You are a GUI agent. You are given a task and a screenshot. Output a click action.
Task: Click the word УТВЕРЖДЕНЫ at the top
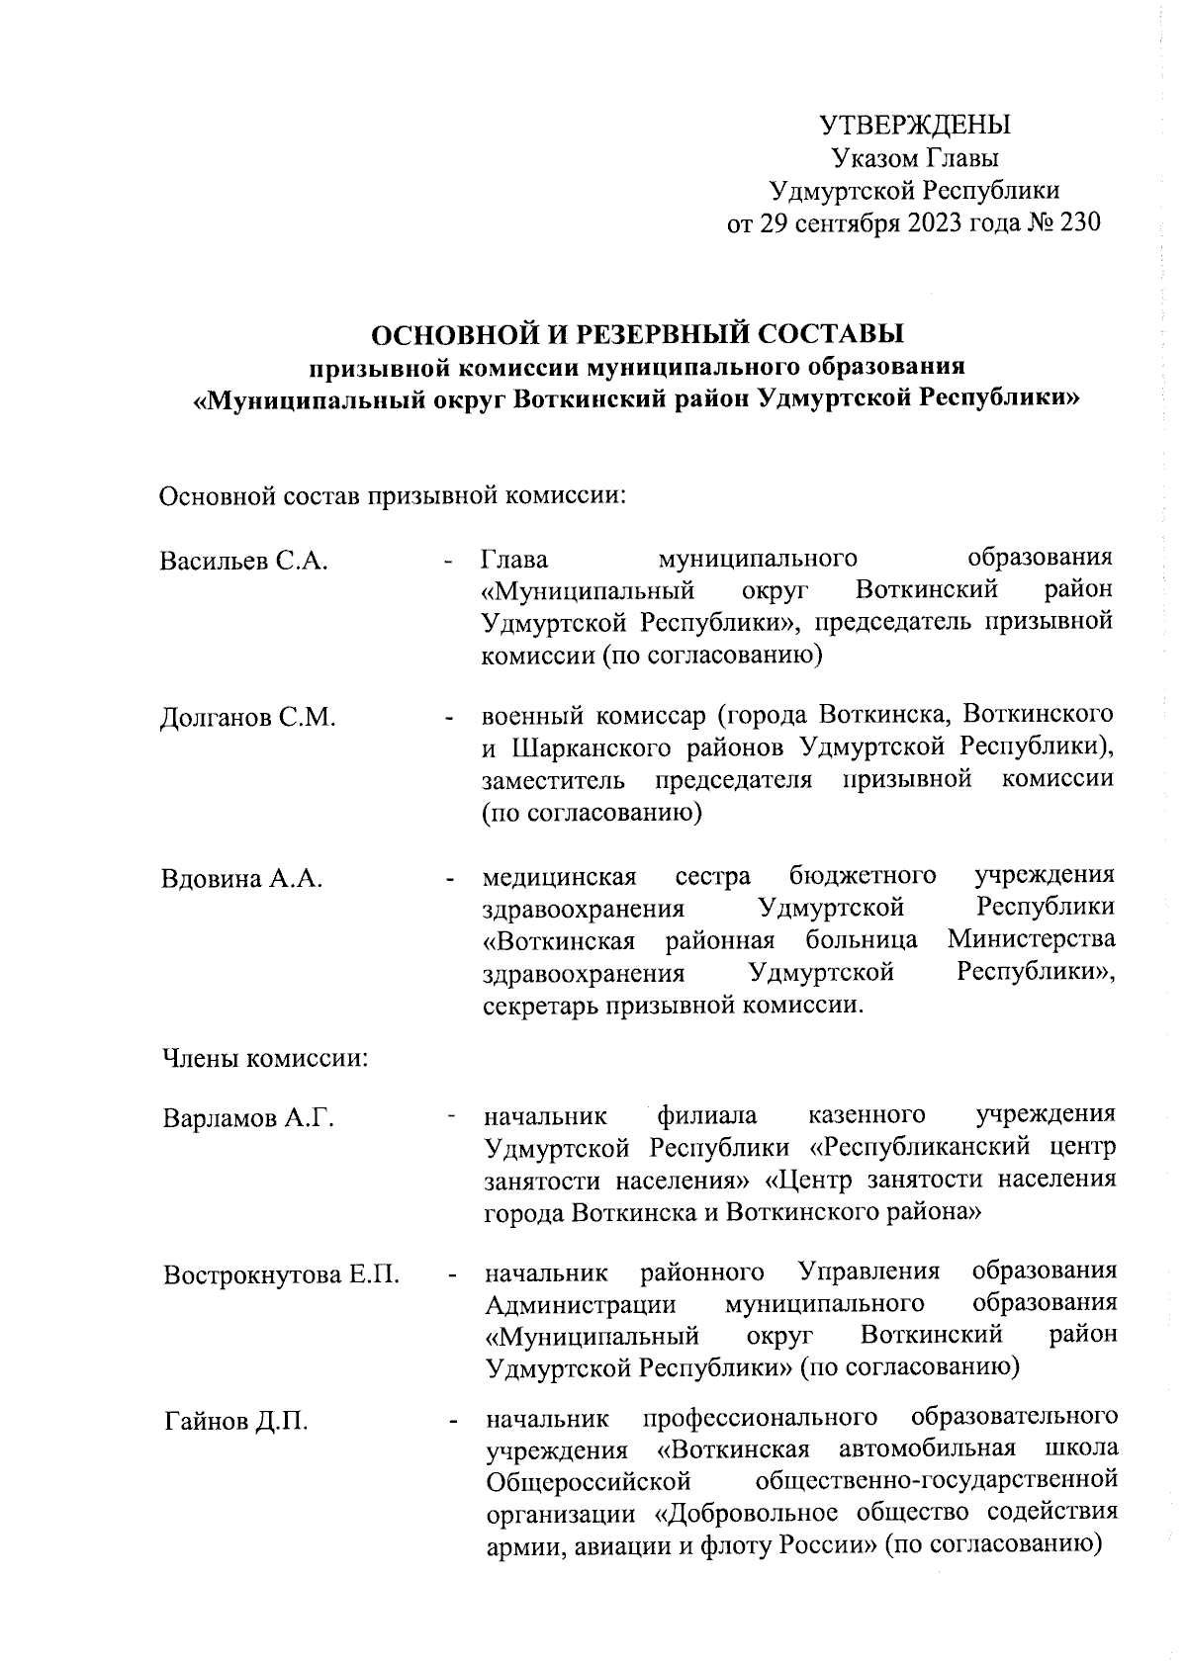click(x=915, y=126)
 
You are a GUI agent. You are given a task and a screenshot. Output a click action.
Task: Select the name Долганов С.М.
click(x=248, y=718)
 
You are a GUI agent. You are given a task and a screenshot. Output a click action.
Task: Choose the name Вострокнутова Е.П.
click(x=282, y=1274)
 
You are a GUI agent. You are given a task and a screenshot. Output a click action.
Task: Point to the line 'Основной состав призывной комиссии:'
click(x=393, y=494)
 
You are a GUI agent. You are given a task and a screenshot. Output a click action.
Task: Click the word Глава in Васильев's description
click(x=514, y=560)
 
